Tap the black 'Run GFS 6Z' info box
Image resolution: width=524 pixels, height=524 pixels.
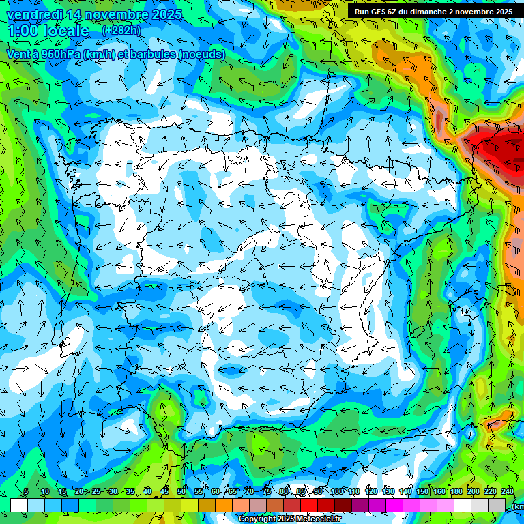pos(434,11)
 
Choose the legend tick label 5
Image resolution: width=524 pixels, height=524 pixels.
pos(26,491)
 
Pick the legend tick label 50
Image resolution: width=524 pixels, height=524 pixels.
pos(181,491)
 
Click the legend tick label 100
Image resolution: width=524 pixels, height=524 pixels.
pos(336,491)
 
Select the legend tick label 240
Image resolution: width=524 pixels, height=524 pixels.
pos(508,491)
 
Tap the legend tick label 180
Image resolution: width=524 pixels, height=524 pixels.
pos(456,491)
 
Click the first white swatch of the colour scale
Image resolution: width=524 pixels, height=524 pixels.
pos(18,504)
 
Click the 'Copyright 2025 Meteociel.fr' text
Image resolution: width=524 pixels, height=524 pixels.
pos(289,519)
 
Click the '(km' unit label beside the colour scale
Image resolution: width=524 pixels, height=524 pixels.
pos(519,506)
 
